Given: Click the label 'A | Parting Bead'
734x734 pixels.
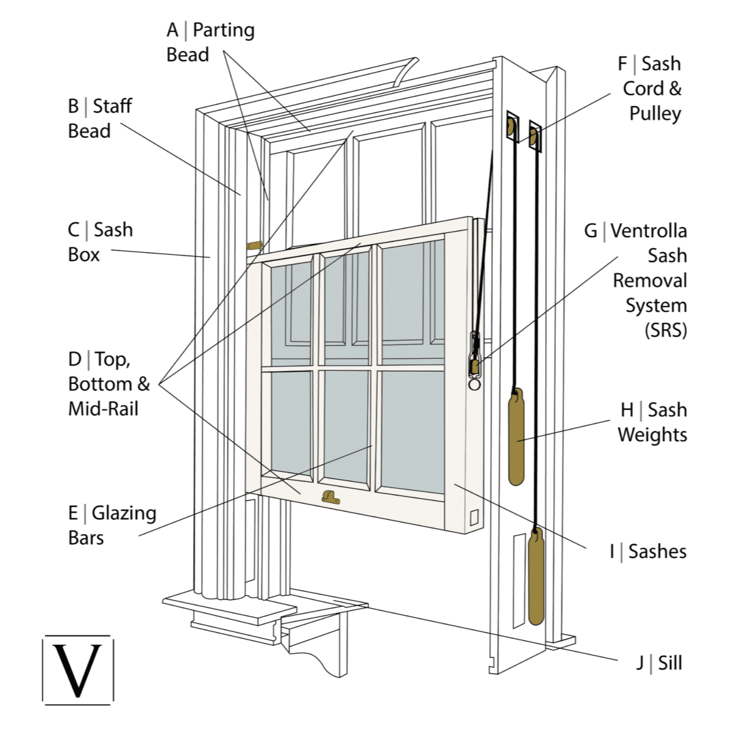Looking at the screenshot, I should (211, 42).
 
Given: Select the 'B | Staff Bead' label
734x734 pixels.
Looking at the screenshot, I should (100, 118).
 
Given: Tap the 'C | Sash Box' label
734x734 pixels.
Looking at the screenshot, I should (100, 242).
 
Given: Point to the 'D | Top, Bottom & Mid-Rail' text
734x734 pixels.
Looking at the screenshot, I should (109, 384).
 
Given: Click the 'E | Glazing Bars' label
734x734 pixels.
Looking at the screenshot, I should (112, 525).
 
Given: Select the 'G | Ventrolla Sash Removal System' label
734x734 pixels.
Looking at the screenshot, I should (635, 280).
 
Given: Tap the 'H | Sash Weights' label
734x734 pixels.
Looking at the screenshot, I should (652, 422).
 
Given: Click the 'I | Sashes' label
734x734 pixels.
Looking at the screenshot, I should (648, 551).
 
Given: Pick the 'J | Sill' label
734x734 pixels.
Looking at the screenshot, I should (659, 663).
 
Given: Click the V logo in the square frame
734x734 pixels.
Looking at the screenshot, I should (78, 670).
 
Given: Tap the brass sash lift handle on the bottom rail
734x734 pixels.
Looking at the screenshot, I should (330, 497).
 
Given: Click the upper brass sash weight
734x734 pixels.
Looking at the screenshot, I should (517, 436).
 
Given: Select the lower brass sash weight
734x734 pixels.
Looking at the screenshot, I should (536, 578).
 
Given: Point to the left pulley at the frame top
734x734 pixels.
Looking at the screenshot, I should (509, 126).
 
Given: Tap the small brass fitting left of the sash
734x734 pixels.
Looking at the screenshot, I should (254, 245).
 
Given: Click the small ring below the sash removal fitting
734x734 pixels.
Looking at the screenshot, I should (474, 384).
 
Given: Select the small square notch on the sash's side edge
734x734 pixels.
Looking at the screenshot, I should (474, 517).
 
